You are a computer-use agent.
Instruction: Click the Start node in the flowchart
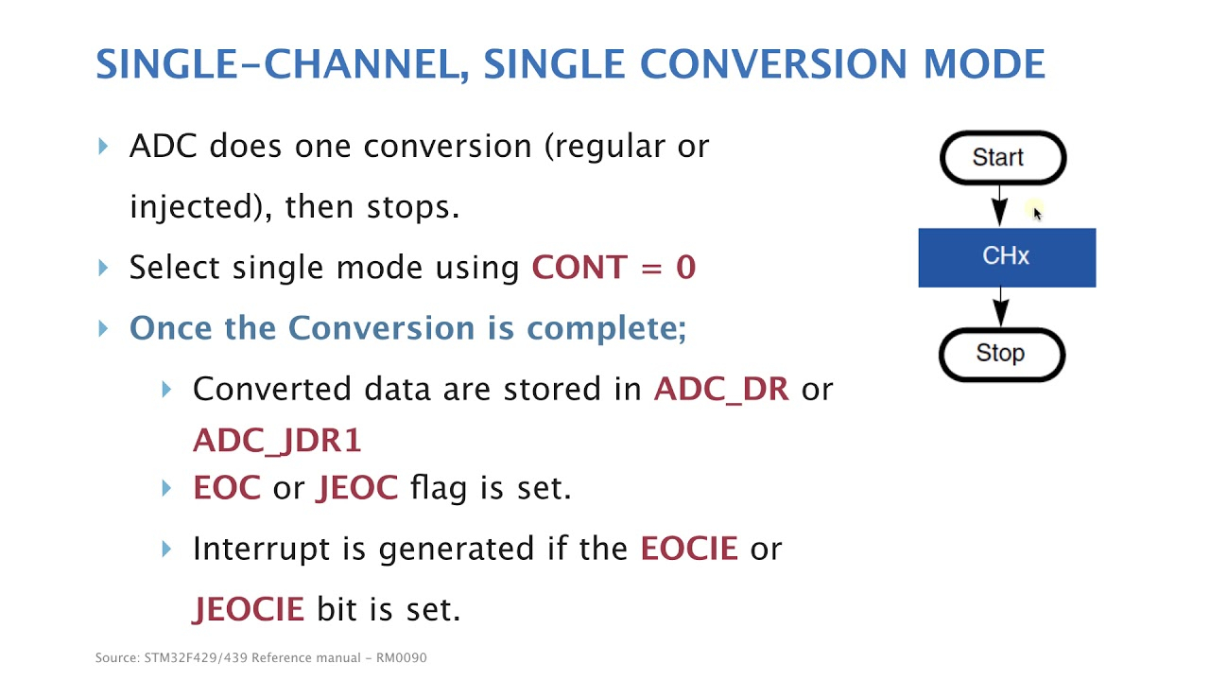1003,158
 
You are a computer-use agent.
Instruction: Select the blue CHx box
1007,257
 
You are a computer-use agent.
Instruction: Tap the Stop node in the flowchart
1002,355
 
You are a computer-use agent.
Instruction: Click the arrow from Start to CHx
999,206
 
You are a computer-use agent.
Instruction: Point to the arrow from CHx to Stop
1000,306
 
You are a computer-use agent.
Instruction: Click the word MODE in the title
984,63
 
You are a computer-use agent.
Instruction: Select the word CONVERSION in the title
773,63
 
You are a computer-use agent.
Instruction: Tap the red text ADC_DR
721,389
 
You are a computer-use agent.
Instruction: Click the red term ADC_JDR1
277,441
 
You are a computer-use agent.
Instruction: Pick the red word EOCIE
689,549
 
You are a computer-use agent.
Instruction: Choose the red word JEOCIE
248,610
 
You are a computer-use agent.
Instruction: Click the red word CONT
579,267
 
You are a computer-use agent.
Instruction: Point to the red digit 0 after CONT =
685,267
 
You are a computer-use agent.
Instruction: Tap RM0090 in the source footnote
402,657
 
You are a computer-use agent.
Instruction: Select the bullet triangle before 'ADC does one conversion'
103,147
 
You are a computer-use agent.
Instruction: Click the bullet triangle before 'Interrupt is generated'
166,550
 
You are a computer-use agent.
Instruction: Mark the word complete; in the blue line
606,329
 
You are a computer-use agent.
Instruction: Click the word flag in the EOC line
439,489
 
